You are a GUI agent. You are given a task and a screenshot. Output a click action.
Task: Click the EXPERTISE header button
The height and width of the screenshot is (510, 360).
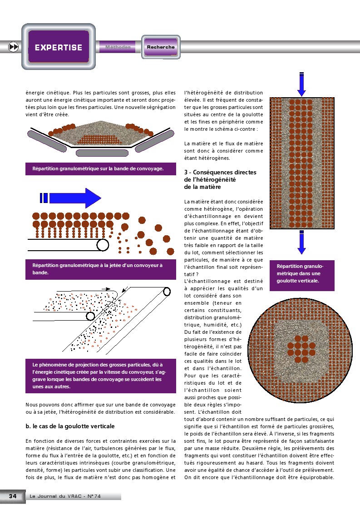(59, 47)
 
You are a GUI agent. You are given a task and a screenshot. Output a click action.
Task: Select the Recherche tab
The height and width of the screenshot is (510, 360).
(160, 47)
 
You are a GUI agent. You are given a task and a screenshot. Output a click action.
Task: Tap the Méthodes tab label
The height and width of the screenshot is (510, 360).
(118, 47)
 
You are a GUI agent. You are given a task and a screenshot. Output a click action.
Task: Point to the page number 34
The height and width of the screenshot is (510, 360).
(13, 496)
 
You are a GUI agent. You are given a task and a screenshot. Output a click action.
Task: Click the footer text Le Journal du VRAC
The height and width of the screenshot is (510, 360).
(64, 496)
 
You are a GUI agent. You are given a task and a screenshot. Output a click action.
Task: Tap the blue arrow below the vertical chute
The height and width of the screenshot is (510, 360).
(301, 243)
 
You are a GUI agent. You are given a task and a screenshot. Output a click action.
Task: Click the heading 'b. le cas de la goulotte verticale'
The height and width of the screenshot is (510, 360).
(70, 426)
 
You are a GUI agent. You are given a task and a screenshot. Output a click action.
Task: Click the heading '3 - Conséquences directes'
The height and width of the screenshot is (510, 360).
(220, 172)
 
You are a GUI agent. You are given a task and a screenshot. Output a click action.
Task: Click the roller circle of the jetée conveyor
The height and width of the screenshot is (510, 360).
(103, 245)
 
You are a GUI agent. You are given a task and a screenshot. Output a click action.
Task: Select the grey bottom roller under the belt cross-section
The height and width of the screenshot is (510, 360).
(96, 153)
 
